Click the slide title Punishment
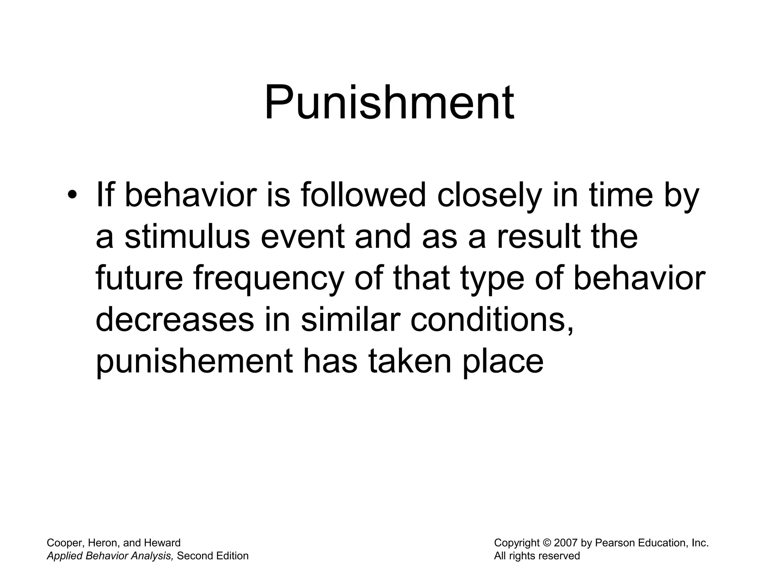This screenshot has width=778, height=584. click(389, 103)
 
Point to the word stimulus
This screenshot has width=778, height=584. click(187, 236)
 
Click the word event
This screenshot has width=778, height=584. click(303, 236)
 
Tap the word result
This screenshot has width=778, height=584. click(539, 236)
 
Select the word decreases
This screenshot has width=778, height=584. click(174, 320)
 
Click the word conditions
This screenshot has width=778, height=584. click(492, 320)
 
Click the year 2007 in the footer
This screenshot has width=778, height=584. click(566, 543)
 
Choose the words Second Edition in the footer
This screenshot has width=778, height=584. click(213, 556)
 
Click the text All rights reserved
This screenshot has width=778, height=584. click(537, 556)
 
